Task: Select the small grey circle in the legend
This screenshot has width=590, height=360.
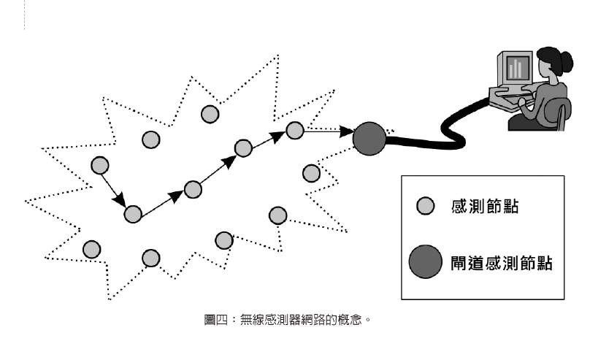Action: (x=425, y=206)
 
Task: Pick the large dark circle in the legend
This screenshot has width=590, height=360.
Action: (x=425, y=261)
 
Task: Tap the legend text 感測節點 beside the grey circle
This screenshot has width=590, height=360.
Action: (x=486, y=207)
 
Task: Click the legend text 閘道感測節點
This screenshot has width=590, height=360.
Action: (x=501, y=261)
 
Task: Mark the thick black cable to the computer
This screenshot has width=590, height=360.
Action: (x=445, y=131)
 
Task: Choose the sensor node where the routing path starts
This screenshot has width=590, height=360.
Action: (x=99, y=166)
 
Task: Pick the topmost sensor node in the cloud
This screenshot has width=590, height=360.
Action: (x=210, y=113)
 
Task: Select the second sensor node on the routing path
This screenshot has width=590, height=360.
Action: (x=133, y=214)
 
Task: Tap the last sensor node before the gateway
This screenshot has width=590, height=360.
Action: (x=294, y=130)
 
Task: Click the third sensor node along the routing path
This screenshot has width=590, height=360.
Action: (x=193, y=190)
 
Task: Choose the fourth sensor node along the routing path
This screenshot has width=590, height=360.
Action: (x=243, y=148)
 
